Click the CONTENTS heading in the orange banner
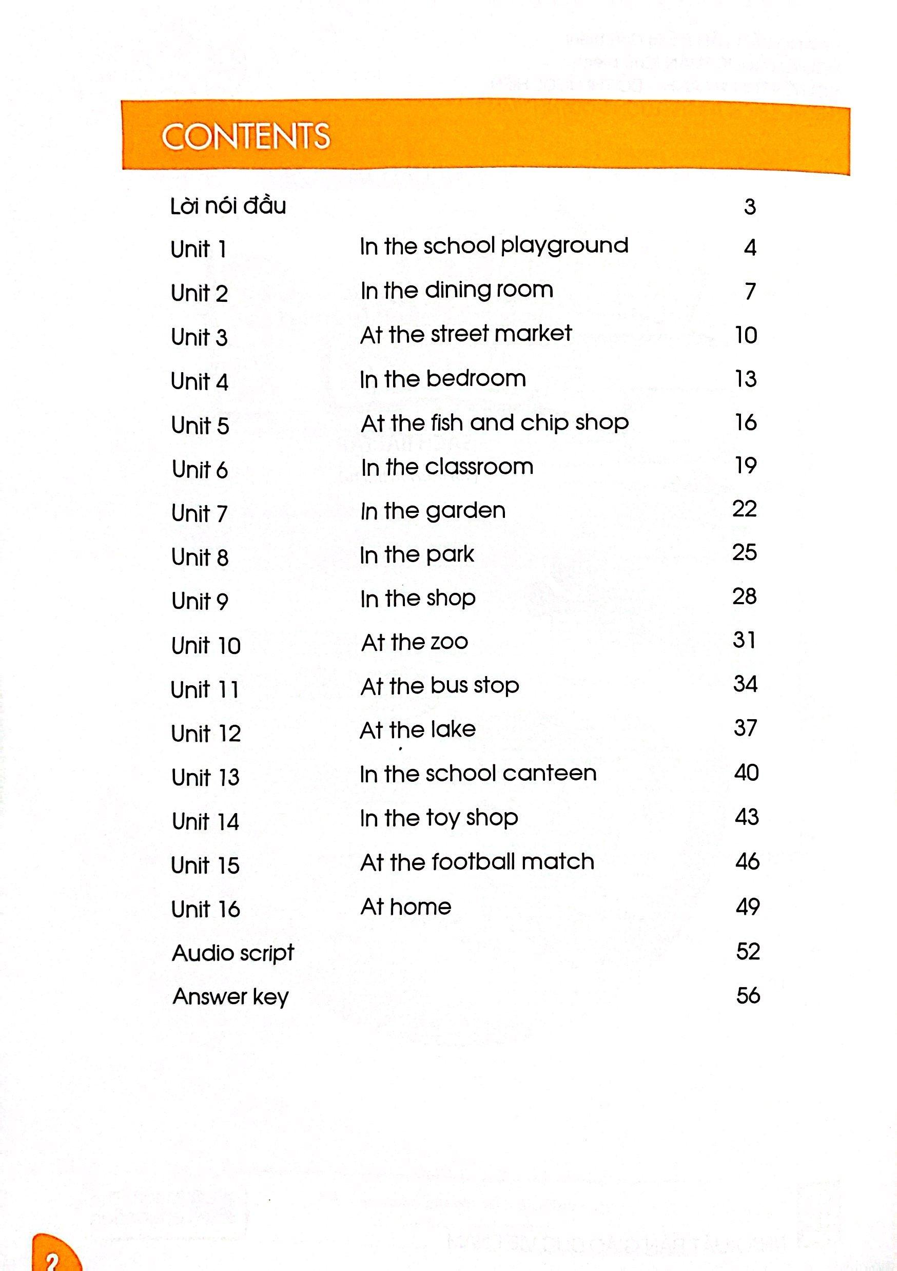click(246, 137)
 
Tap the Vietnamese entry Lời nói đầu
click(228, 206)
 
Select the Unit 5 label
click(200, 426)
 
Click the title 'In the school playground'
click(494, 246)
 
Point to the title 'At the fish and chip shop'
click(495, 423)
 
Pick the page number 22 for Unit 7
click(744, 509)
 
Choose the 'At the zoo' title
click(415, 642)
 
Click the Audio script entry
click(233, 953)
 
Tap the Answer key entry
click(231, 997)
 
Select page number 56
click(748, 996)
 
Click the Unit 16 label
click(205, 910)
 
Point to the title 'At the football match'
click(477, 862)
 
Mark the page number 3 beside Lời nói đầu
click(750, 207)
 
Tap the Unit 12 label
click(206, 734)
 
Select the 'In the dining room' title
click(457, 291)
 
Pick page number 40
click(747, 772)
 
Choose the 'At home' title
click(405, 907)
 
